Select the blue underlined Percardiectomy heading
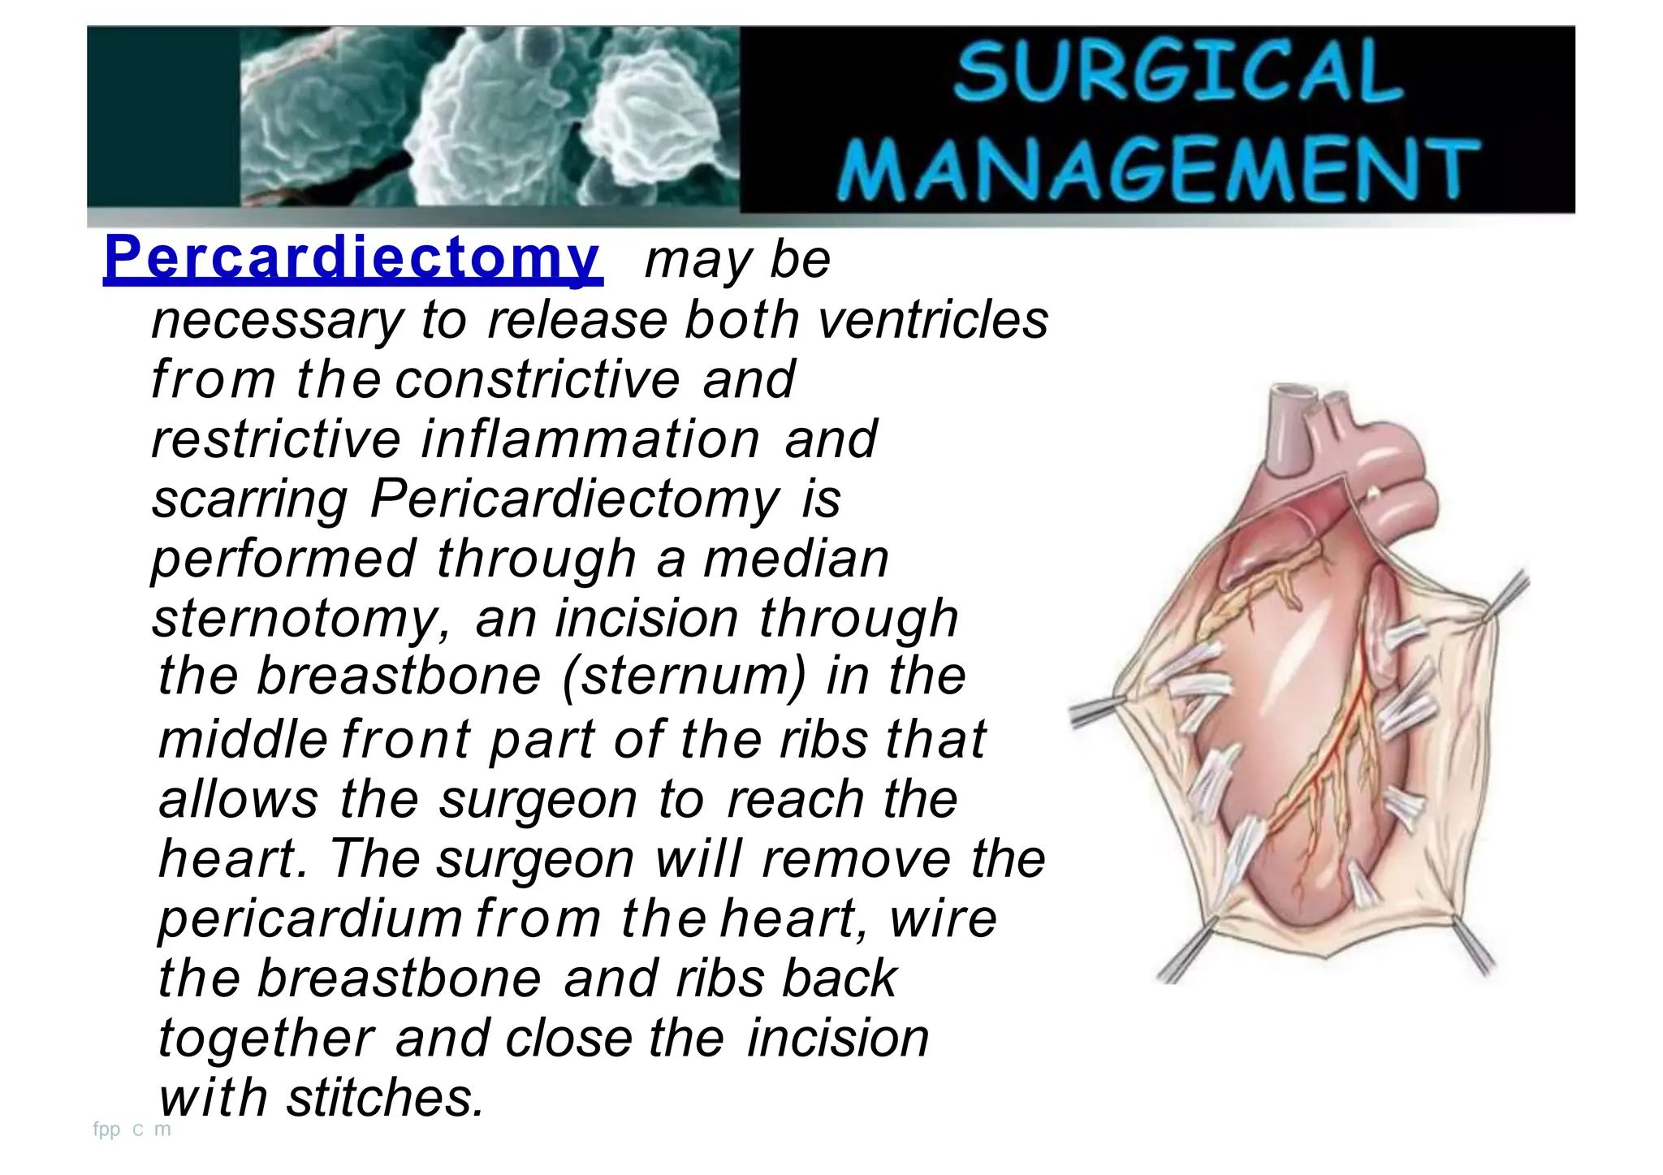pyautogui.click(x=352, y=258)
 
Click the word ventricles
pyautogui.click(x=933, y=319)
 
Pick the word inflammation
pyautogui.click(x=591, y=438)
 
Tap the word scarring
pyautogui.click(x=250, y=499)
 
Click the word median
pyautogui.click(x=796, y=559)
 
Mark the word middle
pyautogui.click(x=243, y=739)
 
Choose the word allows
pyautogui.click(x=239, y=799)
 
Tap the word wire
pyautogui.click(x=943, y=918)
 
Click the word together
pyautogui.click(x=266, y=1038)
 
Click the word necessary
pyautogui.click(x=277, y=321)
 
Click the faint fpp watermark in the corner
pyautogui.click(x=106, y=1129)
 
